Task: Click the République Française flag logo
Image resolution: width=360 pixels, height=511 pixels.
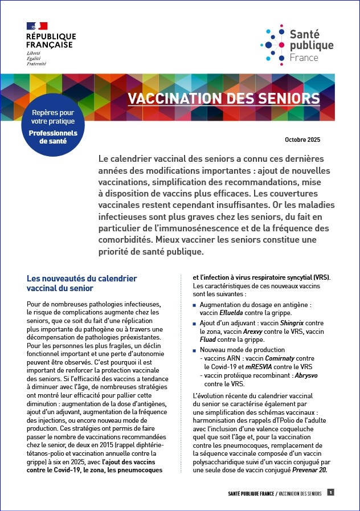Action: click(x=37, y=26)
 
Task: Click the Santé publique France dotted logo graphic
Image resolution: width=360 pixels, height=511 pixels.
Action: click(x=272, y=44)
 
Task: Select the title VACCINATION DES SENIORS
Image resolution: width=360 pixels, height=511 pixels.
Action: click(x=223, y=98)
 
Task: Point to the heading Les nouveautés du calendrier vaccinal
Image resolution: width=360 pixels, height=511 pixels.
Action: click(x=82, y=283)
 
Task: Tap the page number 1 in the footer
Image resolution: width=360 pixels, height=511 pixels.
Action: click(x=331, y=492)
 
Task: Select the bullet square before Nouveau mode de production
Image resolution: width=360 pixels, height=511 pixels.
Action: click(x=195, y=350)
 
